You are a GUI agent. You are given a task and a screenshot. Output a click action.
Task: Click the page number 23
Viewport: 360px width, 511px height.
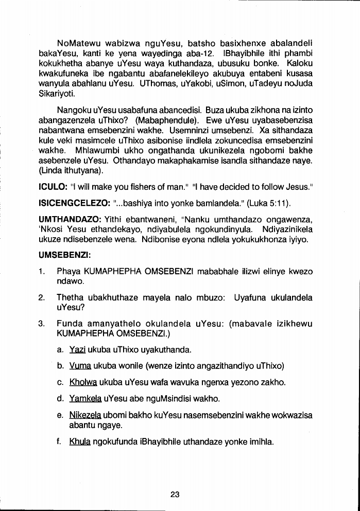(175, 495)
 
